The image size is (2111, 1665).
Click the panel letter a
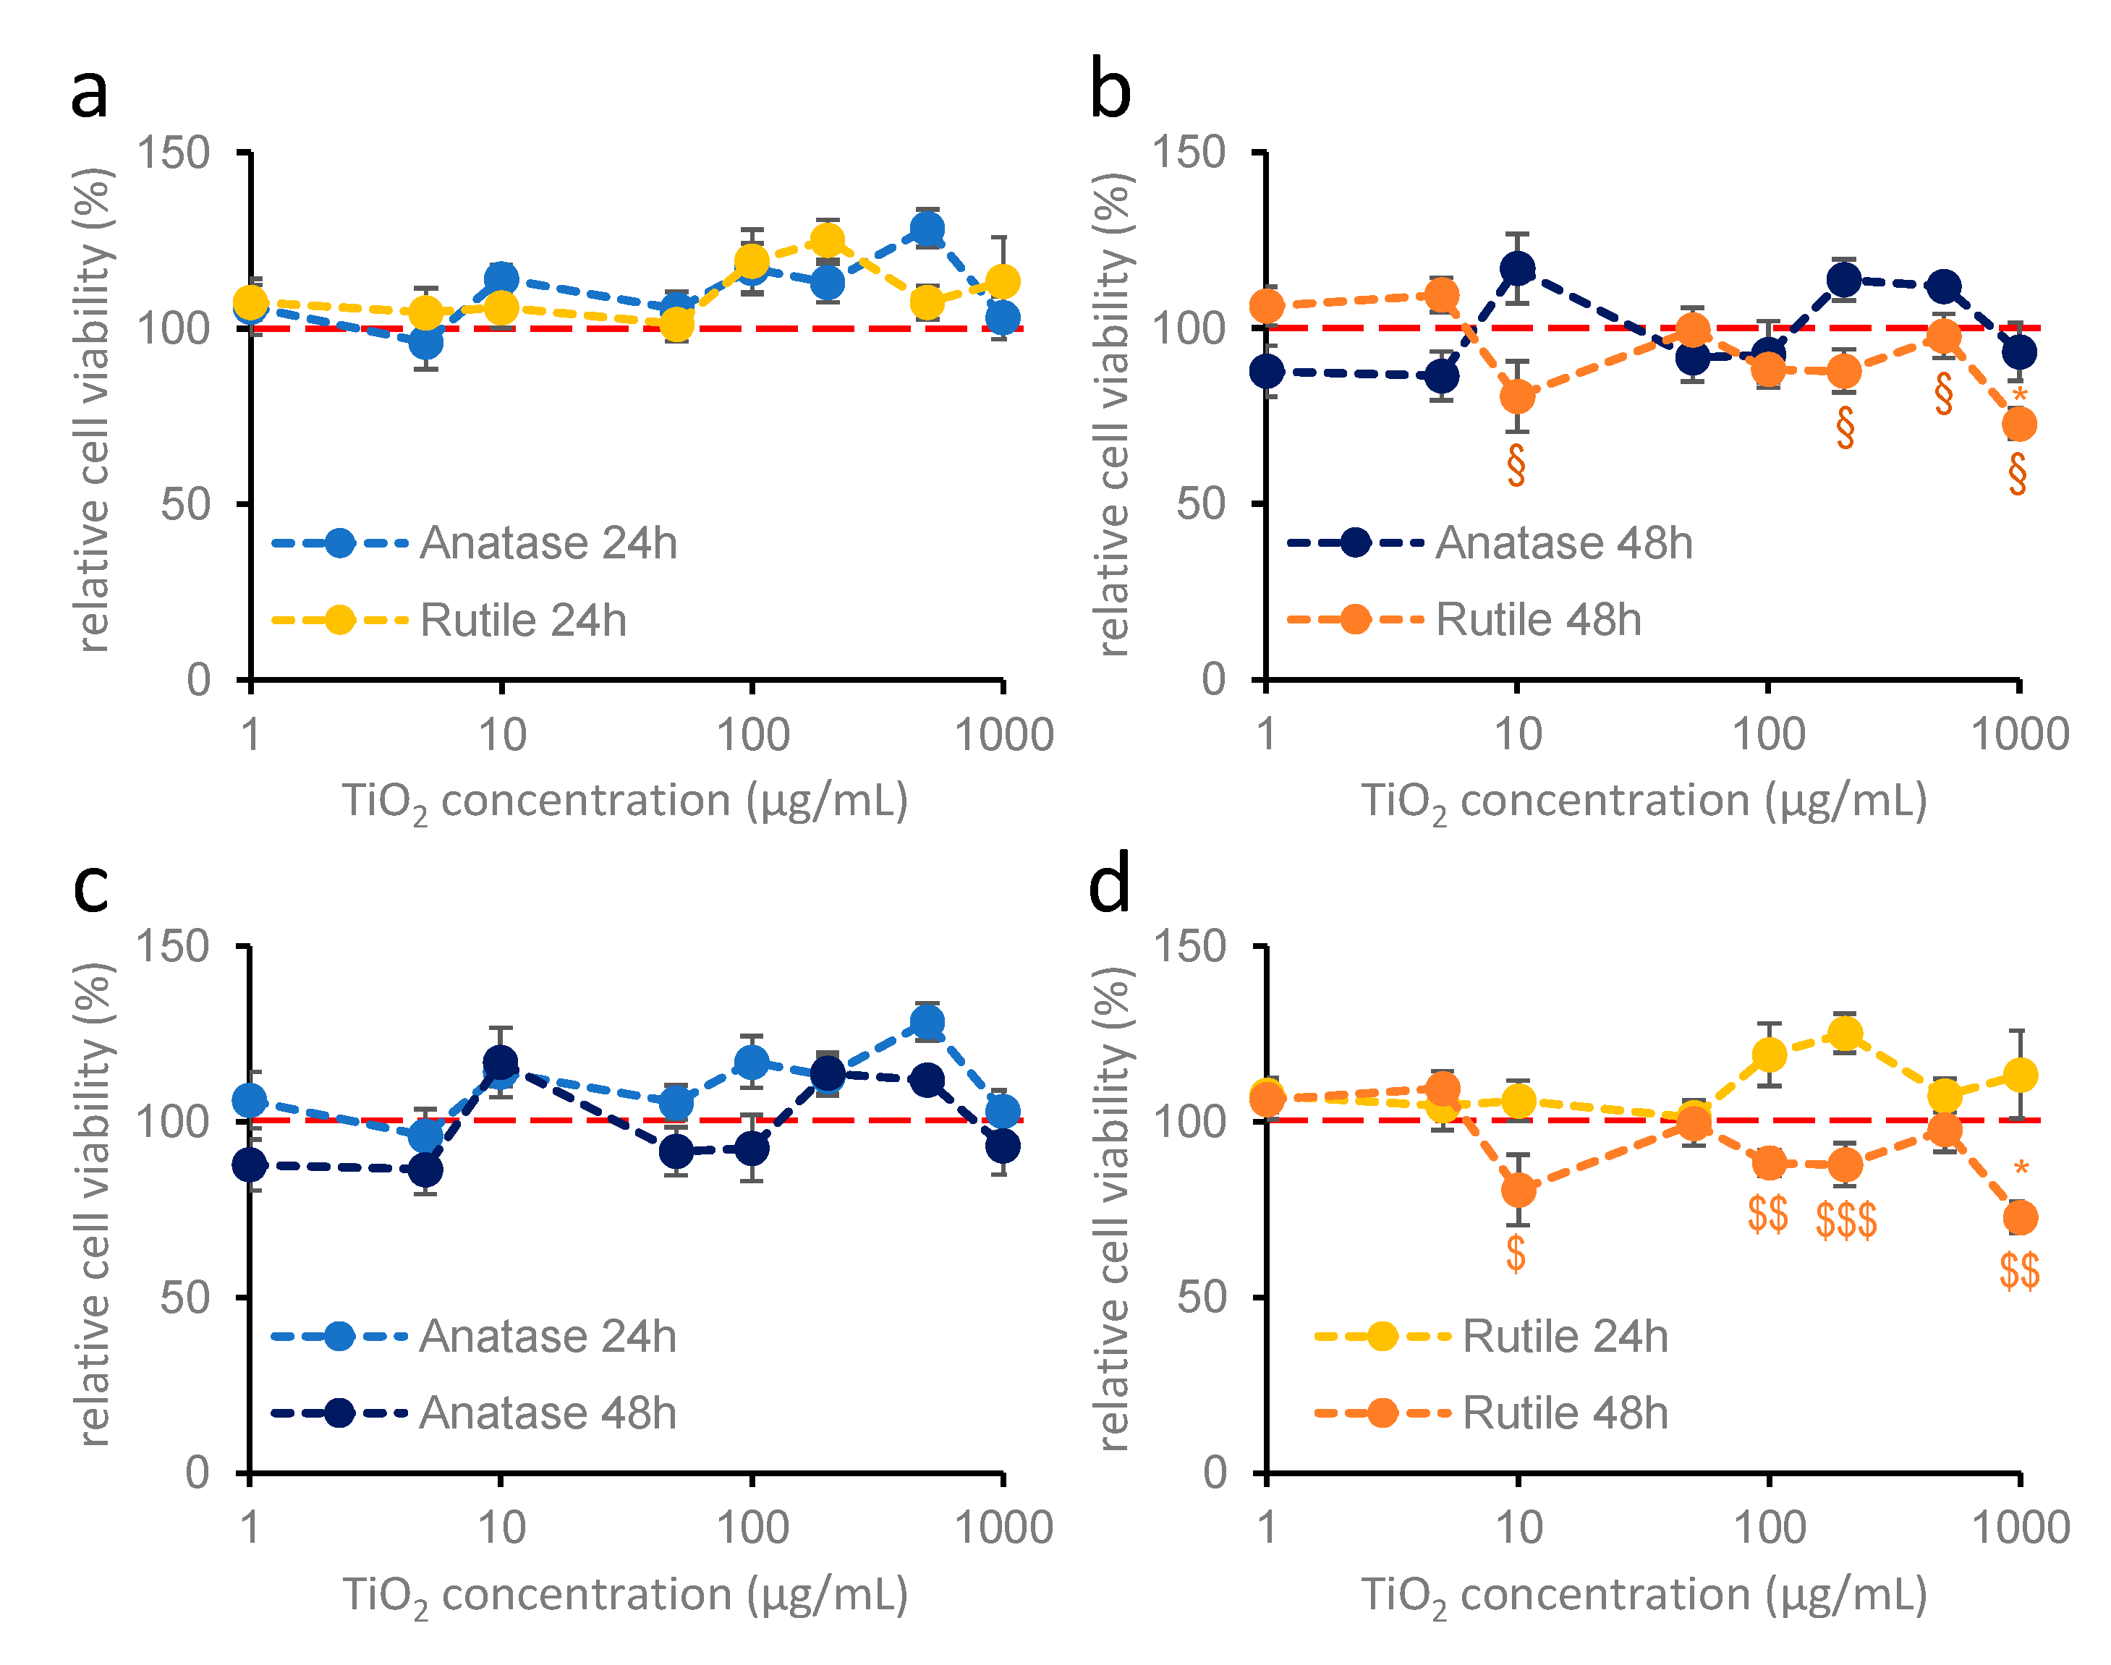point(90,93)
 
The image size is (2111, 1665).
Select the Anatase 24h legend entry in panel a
point(474,543)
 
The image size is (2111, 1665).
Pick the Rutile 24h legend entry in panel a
point(449,620)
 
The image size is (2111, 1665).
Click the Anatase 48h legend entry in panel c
point(474,1413)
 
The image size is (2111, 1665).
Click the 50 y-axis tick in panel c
point(185,1298)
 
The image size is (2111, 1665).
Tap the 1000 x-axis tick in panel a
point(1003,735)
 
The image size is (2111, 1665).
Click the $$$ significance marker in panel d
point(1845,1219)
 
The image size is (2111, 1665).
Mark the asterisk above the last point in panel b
point(2019,395)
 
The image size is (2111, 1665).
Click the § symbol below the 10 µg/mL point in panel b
point(1516,465)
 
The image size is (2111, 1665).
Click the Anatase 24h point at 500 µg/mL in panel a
point(927,229)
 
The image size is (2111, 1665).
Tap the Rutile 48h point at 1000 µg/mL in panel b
point(2019,424)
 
